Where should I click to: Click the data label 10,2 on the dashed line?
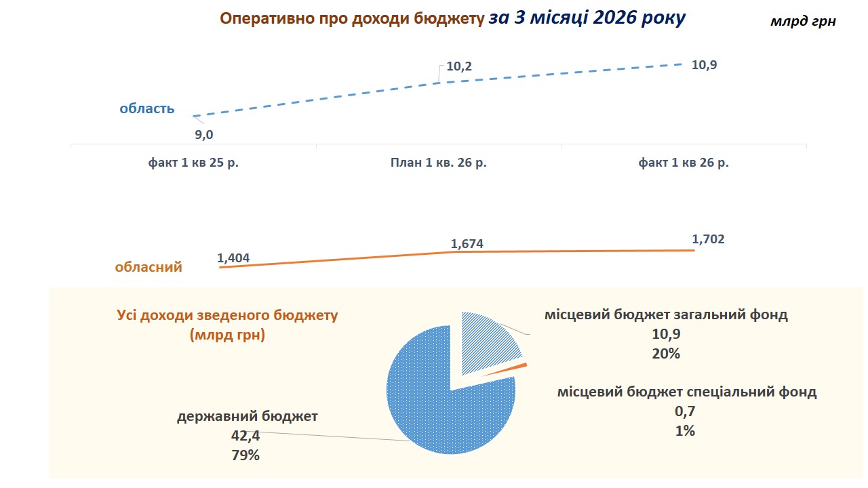point(459,67)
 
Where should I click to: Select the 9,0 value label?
point(204,135)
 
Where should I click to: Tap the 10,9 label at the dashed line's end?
point(703,66)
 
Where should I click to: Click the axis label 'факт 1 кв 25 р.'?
point(194,163)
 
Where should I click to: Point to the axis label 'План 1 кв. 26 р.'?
point(439,163)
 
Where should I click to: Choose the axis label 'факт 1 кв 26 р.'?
point(684,163)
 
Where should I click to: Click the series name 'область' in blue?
point(147,108)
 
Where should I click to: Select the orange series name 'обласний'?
point(149,267)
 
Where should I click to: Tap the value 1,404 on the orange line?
point(233,258)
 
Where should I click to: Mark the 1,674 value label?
point(467,243)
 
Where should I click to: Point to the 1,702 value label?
point(709,239)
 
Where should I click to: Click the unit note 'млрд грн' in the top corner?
point(803,22)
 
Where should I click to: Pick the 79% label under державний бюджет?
point(245,455)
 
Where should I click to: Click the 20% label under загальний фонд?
point(666,353)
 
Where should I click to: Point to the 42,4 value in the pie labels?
point(247,436)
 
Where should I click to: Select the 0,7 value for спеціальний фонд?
point(686,411)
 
